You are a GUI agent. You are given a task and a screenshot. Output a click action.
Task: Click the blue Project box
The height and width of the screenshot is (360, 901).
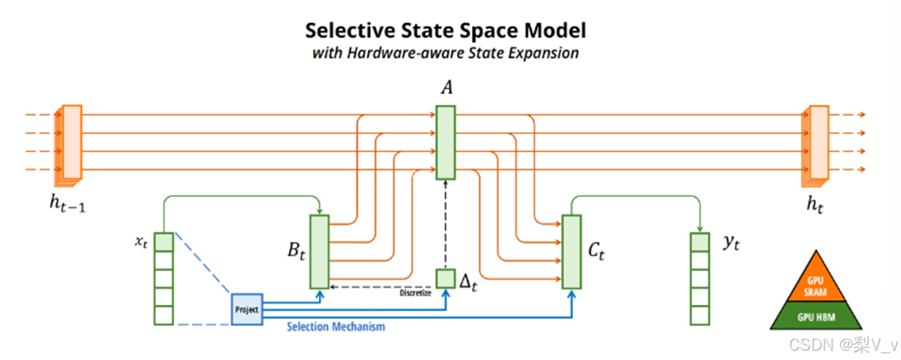(x=246, y=308)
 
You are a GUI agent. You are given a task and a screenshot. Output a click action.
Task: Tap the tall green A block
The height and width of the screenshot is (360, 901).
(x=447, y=142)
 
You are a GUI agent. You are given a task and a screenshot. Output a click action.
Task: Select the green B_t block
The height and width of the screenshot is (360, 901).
(x=319, y=251)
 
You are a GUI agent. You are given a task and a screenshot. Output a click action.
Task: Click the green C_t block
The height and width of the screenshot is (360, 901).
(x=571, y=251)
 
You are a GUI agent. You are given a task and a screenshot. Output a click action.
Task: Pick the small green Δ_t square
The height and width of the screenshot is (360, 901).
(x=446, y=278)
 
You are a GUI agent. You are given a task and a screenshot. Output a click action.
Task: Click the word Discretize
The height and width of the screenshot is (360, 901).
(x=416, y=293)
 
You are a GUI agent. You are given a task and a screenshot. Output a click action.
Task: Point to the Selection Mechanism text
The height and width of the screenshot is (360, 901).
(x=335, y=327)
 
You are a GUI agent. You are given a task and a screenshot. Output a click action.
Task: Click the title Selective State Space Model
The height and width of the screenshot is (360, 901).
(x=446, y=30)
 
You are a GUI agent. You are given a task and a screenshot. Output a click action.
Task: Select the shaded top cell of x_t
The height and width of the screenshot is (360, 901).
(x=163, y=242)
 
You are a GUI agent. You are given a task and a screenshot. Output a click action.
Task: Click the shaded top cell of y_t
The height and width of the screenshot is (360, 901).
(x=699, y=242)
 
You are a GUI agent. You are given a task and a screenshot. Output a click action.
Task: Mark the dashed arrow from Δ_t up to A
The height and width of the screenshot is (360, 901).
(x=446, y=224)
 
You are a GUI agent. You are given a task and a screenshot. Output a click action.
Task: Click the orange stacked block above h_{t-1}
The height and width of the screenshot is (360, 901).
(x=70, y=143)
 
